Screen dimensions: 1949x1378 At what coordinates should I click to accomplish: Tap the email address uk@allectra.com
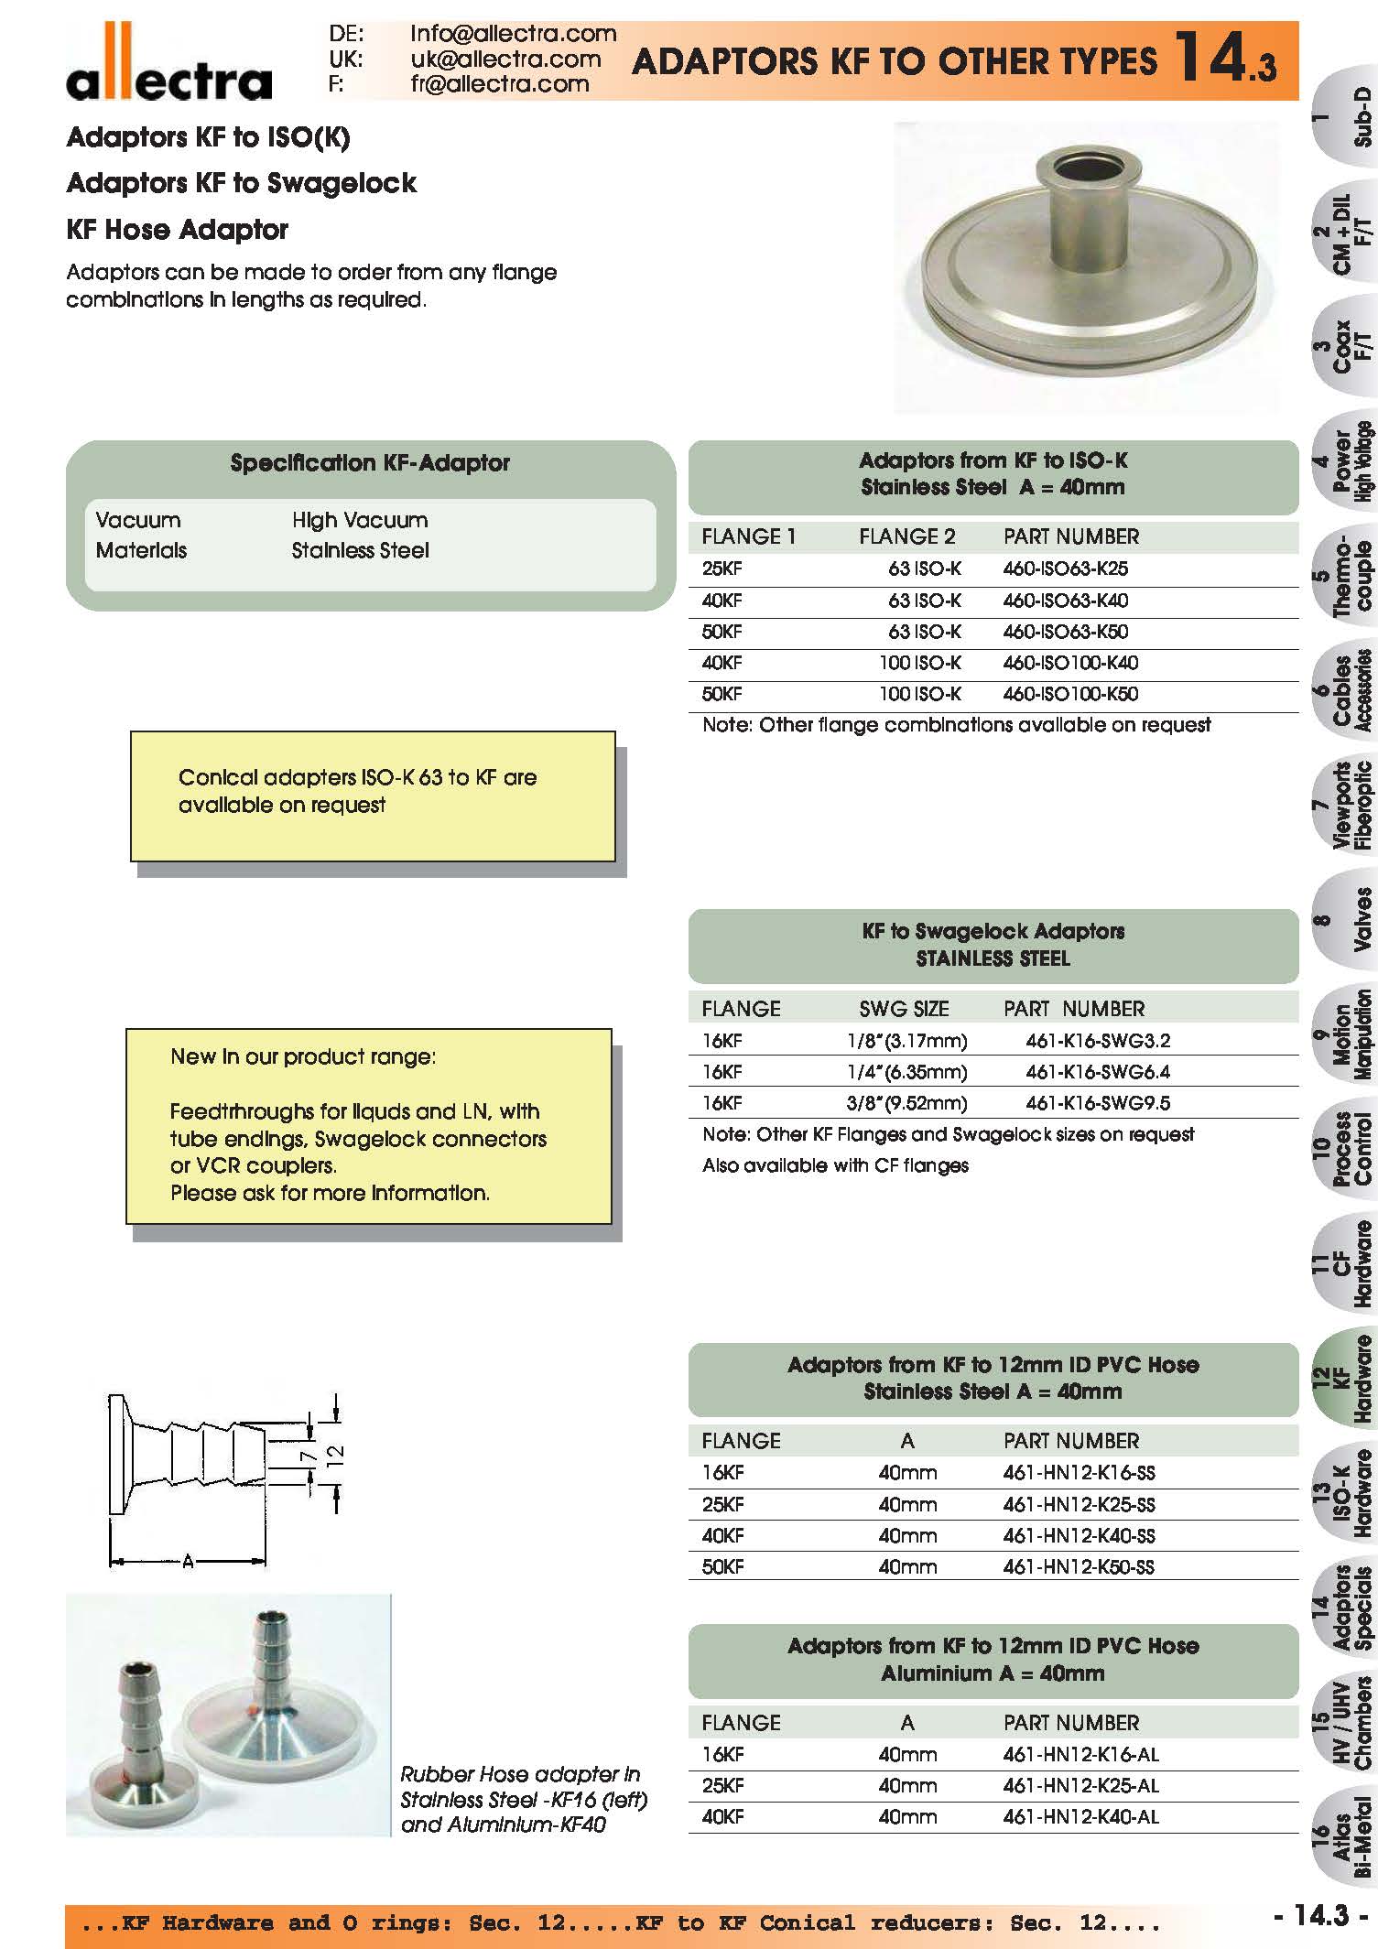(x=505, y=60)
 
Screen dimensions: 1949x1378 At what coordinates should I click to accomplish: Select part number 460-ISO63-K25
(x=1065, y=568)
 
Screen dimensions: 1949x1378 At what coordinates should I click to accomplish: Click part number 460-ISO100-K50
(x=1070, y=694)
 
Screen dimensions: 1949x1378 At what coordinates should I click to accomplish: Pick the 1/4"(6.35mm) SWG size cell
(x=906, y=1072)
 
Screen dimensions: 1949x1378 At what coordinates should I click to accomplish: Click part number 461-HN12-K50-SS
(x=1079, y=1566)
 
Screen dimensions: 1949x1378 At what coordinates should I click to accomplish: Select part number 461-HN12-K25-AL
(x=1080, y=1785)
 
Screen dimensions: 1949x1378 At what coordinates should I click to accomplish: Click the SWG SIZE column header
(x=904, y=1009)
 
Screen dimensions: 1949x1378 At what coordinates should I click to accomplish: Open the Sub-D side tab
(x=1344, y=118)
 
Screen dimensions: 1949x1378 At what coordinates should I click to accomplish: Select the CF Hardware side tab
(x=1344, y=1264)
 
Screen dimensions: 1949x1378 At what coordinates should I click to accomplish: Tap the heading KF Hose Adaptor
(x=178, y=229)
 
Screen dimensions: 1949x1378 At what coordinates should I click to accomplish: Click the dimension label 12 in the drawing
(x=335, y=1453)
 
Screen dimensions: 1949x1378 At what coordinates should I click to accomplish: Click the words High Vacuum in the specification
(x=360, y=520)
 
